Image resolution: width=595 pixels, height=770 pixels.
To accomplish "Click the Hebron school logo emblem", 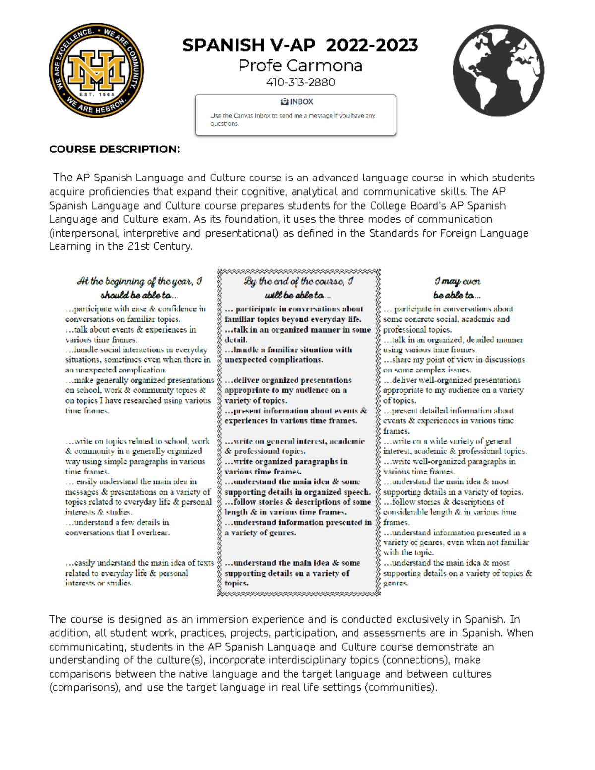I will pyautogui.click(x=97, y=70).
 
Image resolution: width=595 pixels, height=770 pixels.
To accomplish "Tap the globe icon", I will pyautogui.click(x=498, y=70).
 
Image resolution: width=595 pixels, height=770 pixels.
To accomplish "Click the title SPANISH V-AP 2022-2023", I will pyautogui.click(x=300, y=45).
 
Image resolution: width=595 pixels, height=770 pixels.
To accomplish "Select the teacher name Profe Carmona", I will pyautogui.click(x=300, y=66).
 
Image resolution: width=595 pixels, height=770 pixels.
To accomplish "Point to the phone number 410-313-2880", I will pyautogui.click(x=300, y=82).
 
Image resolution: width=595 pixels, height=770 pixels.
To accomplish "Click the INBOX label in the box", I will pyautogui.click(x=297, y=102).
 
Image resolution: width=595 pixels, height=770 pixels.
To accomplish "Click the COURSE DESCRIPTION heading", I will pyautogui.click(x=115, y=149).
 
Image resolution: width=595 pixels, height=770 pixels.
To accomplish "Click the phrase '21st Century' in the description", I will pyautogui.click(x=159, y=246).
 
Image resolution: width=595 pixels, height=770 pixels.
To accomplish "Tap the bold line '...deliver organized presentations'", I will pyautogui.click(x=288, y=380).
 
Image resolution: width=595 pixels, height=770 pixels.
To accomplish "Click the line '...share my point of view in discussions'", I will pyautogui.click(x=454, y=360).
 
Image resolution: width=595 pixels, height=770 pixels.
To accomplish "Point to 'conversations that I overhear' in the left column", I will pyautogui.click(x=118, y=533).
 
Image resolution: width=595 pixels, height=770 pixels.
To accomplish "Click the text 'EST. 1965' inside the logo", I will pyautogui.click(x=97, y=94).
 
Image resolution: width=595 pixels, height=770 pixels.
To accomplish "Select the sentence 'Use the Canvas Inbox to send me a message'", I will pyautogui.click(x=293, y=116).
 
